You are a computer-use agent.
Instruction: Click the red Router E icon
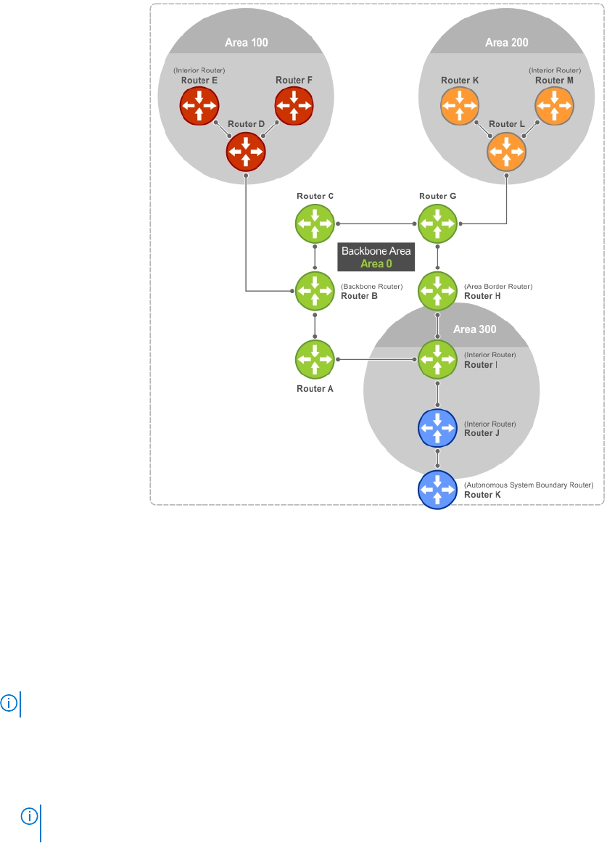[x=199, y=106]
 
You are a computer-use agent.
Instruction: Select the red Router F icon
[x=294, y=106]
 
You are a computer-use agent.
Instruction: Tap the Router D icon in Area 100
[x=246, y=152]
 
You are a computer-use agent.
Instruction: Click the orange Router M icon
[x=554, y=106]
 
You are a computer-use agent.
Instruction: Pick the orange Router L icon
[x=506, y=152]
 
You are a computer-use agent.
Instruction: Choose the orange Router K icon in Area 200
[x=460, y=106]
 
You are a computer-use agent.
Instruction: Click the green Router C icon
[x=315, y=223]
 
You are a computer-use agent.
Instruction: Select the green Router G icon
[x=437, y=223]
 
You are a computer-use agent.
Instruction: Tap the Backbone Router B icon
[x=315, y=291]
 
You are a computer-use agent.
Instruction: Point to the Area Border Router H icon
[x=437, y=291]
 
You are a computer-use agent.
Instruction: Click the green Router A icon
[x=315, y=359]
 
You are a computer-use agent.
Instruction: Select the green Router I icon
[x=437, y=359]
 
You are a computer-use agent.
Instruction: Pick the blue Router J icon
[x=437, y=428]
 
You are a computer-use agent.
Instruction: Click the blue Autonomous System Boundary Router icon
[x=437, y=490]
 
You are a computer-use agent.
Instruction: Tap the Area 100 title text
[x=247, y=43]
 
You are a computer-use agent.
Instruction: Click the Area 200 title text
[x=506, y=43]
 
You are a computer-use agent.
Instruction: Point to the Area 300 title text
[x=475, y=329]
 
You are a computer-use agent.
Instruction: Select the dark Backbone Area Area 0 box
[x=376, y=258]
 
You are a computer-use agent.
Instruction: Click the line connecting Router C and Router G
[x=376, y=223]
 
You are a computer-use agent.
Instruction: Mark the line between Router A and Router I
[x=376, y=359]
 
